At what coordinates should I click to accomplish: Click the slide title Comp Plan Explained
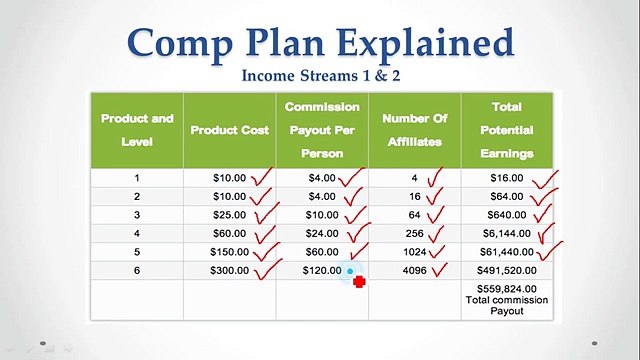click(x=321, y=43)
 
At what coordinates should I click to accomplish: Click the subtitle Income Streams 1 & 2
click(x=321, y=76)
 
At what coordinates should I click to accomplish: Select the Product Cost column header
click(x=228, y=130)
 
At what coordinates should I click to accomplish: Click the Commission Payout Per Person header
click(x=321, y=130)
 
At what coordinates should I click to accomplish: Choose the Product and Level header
click(x=136, y=130)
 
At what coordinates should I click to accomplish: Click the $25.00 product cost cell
click(x=229, y=214)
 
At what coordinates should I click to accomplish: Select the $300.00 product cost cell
click(x=229, y=270)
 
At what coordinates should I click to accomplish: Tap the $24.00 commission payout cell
click(x=321, y=232)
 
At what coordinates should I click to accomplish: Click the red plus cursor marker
click(x=359, y=282)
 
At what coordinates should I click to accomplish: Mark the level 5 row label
click(x=137, y=251)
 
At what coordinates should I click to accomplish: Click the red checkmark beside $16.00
click(x=545, y=180)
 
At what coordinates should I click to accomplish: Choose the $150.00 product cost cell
click(x=229, y=251)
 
